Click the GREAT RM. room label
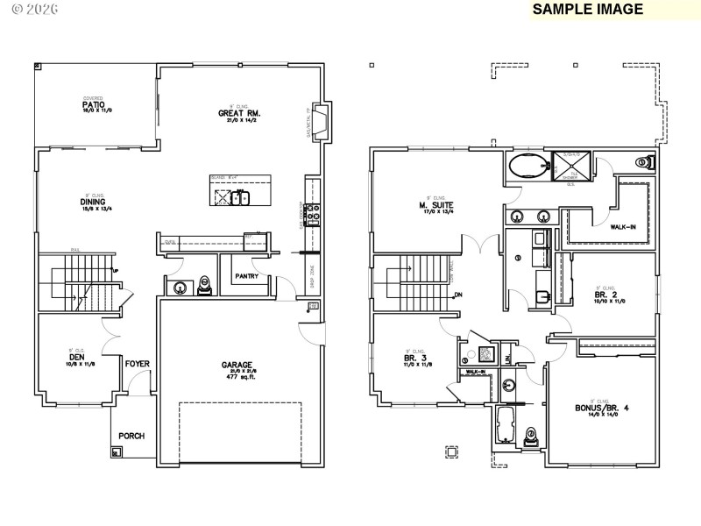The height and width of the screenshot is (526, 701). tap(240, 113)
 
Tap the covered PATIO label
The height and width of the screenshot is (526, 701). tap(94, 104)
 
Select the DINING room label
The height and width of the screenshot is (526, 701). tap(94, 201)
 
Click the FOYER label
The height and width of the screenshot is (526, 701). tap(138, 363)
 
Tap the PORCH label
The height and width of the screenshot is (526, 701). tap(131, 436)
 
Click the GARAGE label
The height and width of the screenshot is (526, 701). tap(237, 365)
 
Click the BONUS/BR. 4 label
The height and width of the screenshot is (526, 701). tap(603, 407)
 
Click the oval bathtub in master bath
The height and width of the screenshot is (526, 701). tap(528, 165)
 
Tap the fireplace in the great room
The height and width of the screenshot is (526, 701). tap(322, 122)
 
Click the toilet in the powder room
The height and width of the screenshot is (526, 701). tap(205, 285)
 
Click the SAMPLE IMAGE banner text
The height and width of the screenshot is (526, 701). tap(588, 10)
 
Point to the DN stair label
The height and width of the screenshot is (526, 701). tap(457, 295)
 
